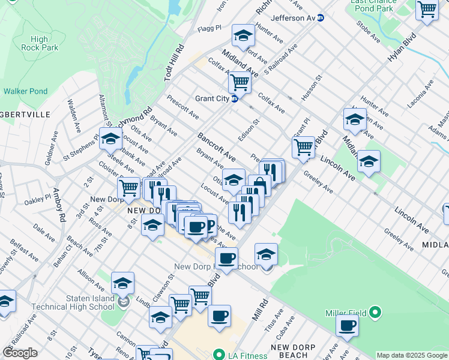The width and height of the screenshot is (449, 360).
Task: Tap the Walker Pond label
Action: (25, 91)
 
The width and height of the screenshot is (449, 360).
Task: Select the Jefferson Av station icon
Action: (321, 19)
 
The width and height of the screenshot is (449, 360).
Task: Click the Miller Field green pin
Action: (375, 313)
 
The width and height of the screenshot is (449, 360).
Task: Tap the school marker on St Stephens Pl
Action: (110, 139)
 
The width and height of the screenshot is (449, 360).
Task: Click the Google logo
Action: (20, 353)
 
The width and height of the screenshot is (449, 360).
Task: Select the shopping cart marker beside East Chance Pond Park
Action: (427, 10)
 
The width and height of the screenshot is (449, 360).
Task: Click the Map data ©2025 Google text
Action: (412, 355)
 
